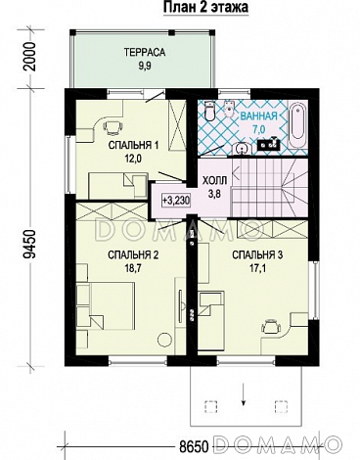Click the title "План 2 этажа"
[x=205, y=7]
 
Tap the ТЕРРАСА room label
[x=145, y=53]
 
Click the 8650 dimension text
[x=195, y=446]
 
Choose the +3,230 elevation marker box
[x=176, y=200]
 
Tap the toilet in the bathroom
[x=209, y=111]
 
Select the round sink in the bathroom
[x=242, y=149]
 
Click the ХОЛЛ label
[x=214, y=180]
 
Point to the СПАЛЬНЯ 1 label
[x=133, y=145]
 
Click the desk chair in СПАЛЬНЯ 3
[x=272, y=326]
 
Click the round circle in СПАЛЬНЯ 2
[x=164, y=341]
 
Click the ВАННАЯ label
[x=258, y=115]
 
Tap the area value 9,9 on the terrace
[x=145, y=67]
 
